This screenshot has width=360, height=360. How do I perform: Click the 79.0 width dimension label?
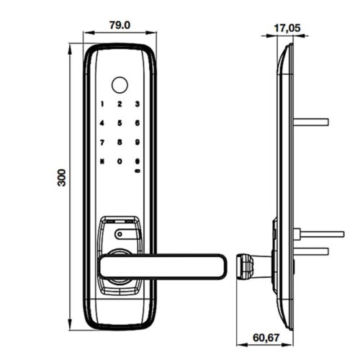[x=120, y=25]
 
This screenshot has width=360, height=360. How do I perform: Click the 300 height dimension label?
[x=62, y=178]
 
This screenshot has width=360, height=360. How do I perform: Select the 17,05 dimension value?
[x=287, y=28]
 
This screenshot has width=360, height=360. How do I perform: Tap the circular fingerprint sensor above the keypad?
[x=120, y=85]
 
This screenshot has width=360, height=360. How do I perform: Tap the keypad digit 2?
[x=120, y=104]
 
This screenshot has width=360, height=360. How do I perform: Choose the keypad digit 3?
[x=138, y=104]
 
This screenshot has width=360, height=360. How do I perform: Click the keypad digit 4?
[x=102, y=123]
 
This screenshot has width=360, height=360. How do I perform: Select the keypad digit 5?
[x=120, y=123]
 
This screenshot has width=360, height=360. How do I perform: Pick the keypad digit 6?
[x=138, y=123]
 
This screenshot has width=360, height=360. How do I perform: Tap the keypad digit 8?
[x=120, y=143]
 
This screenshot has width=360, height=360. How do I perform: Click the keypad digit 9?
[x=138, y=143]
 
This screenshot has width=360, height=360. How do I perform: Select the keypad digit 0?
[x=120, y=161]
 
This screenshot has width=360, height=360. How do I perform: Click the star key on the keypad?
[x=102, y=161]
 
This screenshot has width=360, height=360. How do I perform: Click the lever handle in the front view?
[x=163, y=266]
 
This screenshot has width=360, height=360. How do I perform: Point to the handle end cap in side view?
[x=245, y=266]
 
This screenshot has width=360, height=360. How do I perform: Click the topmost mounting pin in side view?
[x=311, y=122]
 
